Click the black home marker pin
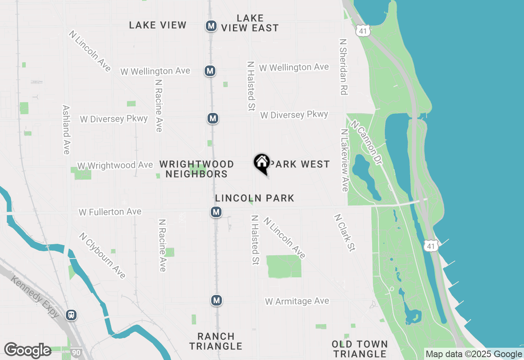pyautogui.click(x=262, y=163)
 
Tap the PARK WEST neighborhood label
pyautogui.click(x=300, y=164)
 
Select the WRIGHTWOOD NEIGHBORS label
pyautogui.click(x=196, y=169)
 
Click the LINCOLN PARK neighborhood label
pyautogui.click(x=255, y=198)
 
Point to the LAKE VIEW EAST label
pyautogui.click(x=250, y=23)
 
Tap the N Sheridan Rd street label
pyautogui.click(x=343, y=67)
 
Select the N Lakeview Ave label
pyautogui.click(x=344, y=160)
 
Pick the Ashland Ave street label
pyautogui.click(x=66, y=130)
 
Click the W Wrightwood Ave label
pyautogui.click(x=115, y=165)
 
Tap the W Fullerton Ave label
pyautogui.click(x=110, y=212)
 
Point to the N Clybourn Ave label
pyautogui.click(x=102, y=256)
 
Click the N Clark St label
pyautogui.click(x=344, y=233)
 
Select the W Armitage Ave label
pyautogui.click(x=297, y=301)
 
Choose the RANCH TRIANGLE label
pyautogui.click(x=216, y=341)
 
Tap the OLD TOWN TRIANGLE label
pyautogui.click(x=359, y=349)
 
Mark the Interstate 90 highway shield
pyautogui.click(x=76, y=352)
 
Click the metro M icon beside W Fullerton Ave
pyautogui.click(x=216, y=212)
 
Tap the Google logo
pyautogui.click(x=27, y=350)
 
